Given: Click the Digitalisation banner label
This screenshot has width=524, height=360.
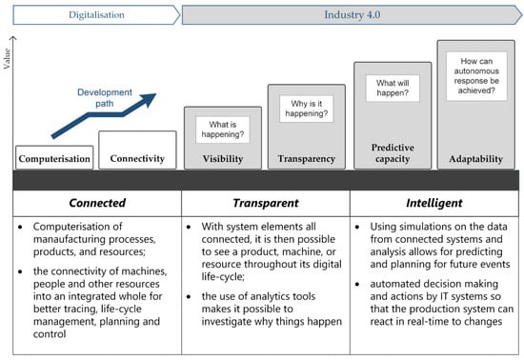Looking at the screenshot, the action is click(96, 14).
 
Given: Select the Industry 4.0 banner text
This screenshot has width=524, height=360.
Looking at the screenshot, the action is click(353, 14).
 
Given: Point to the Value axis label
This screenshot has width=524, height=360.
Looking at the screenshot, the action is click(7, 58).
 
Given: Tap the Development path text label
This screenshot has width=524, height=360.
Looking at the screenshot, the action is click(105, 98).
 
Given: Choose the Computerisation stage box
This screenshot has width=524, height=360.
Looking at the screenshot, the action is click(54, 157).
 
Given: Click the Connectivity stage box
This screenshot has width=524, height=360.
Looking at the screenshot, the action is click(137, 150).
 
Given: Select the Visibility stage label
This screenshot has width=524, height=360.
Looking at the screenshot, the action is click(223, 159).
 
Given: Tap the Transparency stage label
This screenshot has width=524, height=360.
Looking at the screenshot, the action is click(307, 159).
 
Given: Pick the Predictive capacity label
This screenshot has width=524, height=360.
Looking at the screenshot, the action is click(393, 153).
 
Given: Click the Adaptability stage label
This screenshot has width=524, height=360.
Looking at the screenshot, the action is click(475, 159).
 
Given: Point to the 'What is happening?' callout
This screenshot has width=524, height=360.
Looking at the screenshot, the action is click(223, 130).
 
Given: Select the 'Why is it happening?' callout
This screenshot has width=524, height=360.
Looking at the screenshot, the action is click(307, 109).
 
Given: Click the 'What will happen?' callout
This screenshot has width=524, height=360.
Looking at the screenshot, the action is click(393, 88).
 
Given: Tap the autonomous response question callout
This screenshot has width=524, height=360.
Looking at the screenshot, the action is click(476, 76).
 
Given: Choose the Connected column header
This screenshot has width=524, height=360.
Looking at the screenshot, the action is click(97, 203).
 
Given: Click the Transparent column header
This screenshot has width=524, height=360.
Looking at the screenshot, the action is click(266, 203).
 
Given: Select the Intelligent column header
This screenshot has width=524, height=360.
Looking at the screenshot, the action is click(434, 203).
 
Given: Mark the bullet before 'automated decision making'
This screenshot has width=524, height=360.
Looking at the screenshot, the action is click(357, 285).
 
